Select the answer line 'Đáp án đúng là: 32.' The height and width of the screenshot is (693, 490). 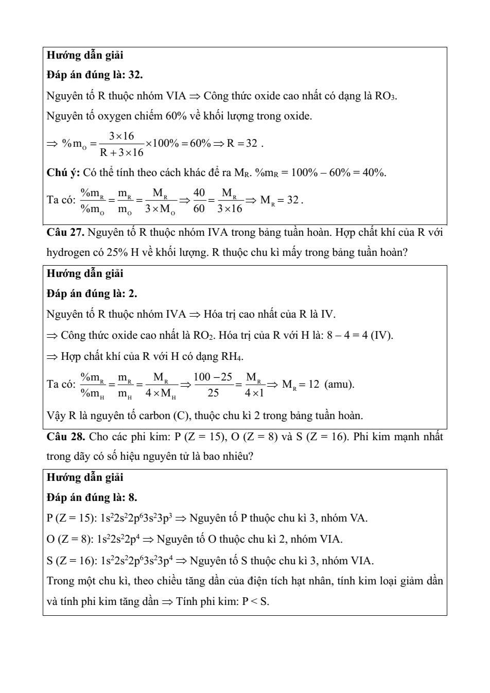click(95, 75)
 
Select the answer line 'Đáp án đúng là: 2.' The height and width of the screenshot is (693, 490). click(92, 293)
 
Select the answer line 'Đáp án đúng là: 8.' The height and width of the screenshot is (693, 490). click(92, 497)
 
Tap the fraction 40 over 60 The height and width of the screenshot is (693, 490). click(199, 200)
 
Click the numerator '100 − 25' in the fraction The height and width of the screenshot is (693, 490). click(213, 377)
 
